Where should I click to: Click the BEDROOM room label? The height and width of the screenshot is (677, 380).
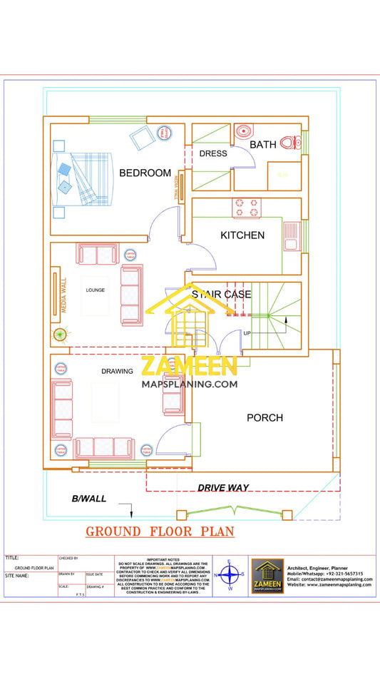point(145,173)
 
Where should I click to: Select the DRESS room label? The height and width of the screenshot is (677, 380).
point(212,153)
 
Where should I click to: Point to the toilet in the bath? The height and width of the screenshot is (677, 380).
point(289,143)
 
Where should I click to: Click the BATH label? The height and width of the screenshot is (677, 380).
point(262,145)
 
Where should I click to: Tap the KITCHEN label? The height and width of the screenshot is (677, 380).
point(242,235)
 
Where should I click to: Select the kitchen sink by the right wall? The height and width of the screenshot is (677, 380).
point(290,236)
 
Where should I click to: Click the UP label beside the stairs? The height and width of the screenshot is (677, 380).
point(247,333)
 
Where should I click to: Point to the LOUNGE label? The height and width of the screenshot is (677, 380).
point(96,290)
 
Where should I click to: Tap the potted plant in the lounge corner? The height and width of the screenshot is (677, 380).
point(58,334)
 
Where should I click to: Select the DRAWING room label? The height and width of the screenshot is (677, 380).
point(117,372)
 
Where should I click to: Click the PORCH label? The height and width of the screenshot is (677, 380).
point(265,417)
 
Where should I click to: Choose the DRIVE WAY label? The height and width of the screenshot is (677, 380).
point(223,487)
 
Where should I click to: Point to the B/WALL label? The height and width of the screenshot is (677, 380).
point(89,499)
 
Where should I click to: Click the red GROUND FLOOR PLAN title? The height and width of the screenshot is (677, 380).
point(160,531)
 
